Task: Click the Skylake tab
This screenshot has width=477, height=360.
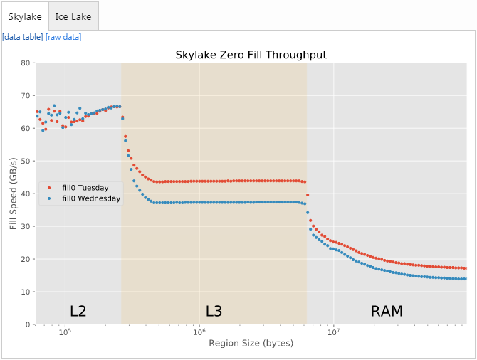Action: pos(25,16)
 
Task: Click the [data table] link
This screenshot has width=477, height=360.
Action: pos(23,37)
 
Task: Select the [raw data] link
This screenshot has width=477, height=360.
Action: pos(63,37)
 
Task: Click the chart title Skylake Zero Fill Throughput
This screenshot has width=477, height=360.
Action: pos(251,55)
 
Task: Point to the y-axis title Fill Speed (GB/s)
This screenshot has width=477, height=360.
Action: pos(14,194)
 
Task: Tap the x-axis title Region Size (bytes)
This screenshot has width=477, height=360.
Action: pos(251,344)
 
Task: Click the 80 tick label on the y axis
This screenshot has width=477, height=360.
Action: pos(26,63)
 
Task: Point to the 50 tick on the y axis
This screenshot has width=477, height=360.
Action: pos(26,162)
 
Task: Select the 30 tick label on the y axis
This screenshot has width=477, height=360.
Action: pos(26,227)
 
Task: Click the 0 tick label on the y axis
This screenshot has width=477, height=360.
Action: pos(28,325)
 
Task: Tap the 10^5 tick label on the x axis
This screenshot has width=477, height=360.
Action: pos(65,332)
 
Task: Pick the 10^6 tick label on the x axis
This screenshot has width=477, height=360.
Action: pos(199,332)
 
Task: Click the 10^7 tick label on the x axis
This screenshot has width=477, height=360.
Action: pos(332,332)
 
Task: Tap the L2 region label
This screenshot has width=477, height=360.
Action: pos(78,312)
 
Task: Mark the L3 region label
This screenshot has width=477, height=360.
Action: pos(214,312)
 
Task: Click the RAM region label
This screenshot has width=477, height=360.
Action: pos(387,312)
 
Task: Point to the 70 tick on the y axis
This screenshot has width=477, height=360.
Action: pos(26,96)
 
